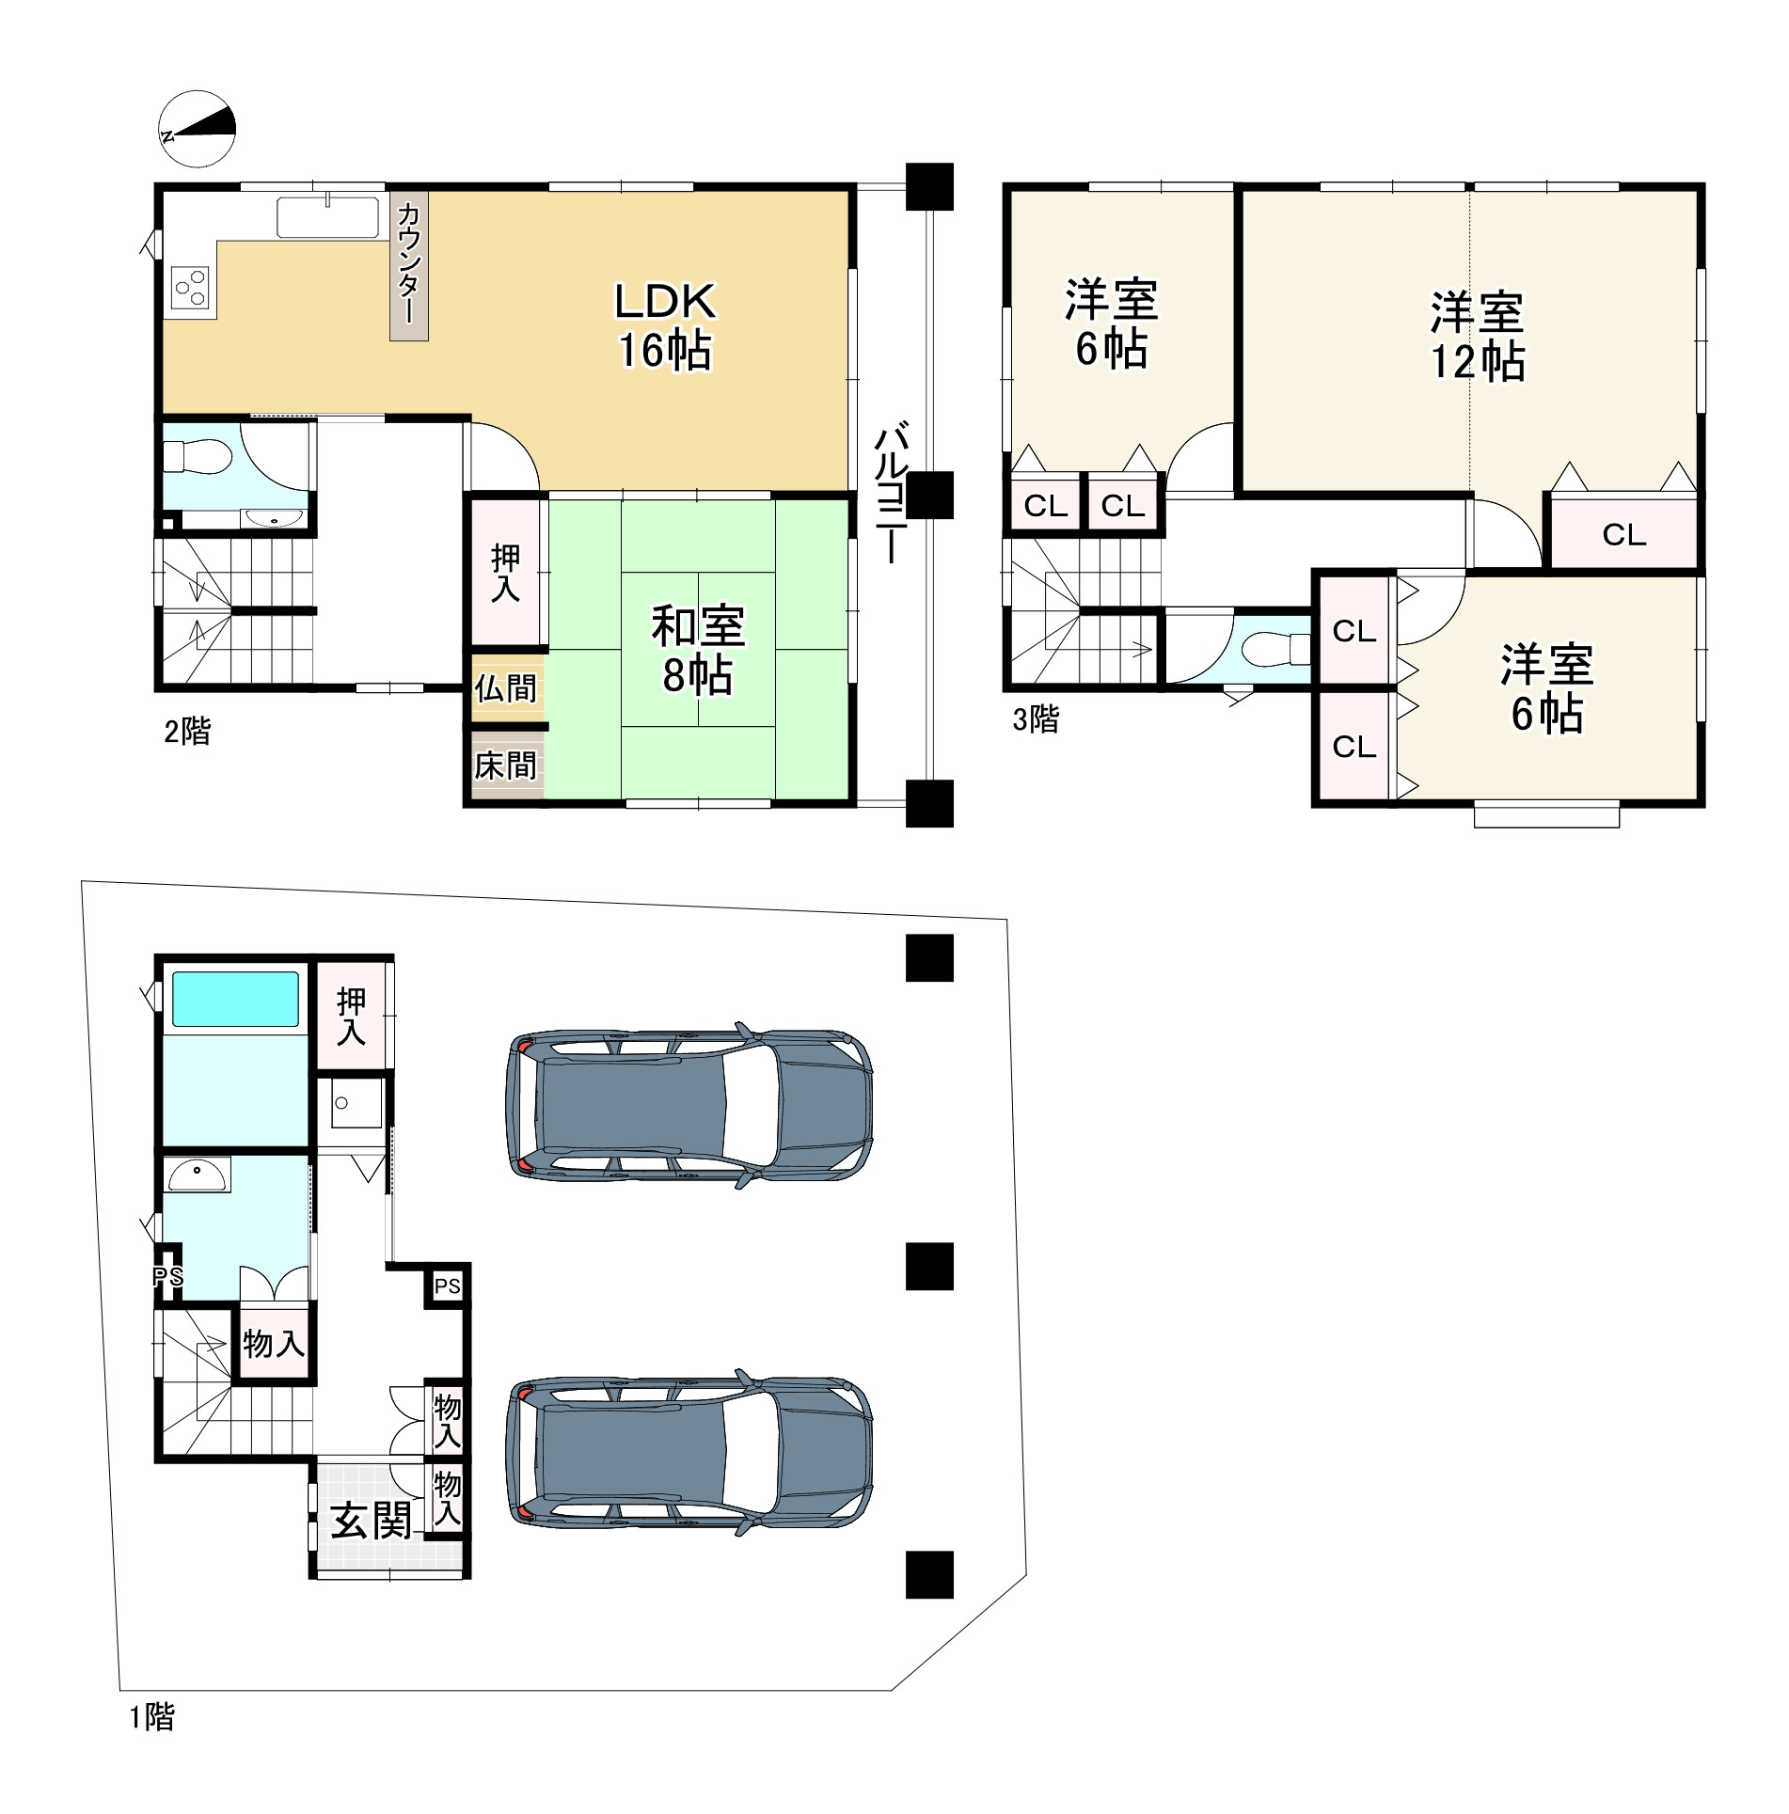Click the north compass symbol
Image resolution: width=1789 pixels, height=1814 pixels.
click(x=197, y=129)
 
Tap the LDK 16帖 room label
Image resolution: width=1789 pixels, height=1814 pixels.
click(x=665, y=325)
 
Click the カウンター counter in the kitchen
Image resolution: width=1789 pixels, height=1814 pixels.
click(x=409, y=265)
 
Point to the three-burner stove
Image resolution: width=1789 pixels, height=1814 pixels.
click(x=191, y=286)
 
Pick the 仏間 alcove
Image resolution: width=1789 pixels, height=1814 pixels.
click(x=506, y=688)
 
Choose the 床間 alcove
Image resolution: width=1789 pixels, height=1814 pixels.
click(x=506, y=765)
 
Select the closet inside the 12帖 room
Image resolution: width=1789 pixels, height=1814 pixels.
click(x=1623, y=533)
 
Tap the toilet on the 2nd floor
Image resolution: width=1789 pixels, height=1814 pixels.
click(x=197, y=458)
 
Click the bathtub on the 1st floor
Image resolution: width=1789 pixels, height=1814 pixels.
click(x=235, y=999)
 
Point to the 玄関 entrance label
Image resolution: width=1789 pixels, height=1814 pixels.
click(x=371, y=1521)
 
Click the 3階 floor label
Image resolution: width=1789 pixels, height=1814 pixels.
click(x=1036, y=719)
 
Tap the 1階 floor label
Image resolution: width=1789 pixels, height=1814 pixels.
click(x=151, y=1717)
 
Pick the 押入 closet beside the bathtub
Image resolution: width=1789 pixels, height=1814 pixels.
click(x=351, y=1016)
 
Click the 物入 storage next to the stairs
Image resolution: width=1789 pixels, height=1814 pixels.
click(x=274, y=1343)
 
